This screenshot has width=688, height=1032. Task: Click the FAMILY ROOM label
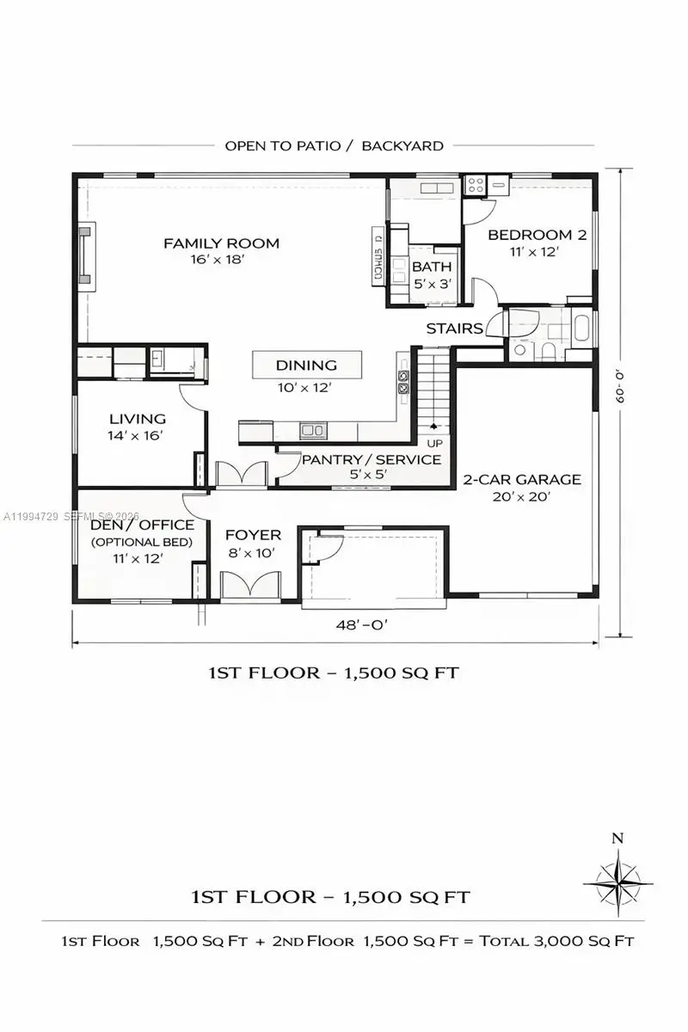pos(221,243)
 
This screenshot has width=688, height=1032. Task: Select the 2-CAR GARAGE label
pos(522,480)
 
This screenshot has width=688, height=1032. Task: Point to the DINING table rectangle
pos(306,365)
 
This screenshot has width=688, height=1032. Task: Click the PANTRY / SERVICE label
pos(371,460)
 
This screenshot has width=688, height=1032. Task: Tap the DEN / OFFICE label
pos(142,525)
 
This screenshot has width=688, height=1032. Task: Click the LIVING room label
pos(138,419)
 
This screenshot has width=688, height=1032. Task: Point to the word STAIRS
pos(454,329)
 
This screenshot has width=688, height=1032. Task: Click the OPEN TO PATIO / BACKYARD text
pos(334,145)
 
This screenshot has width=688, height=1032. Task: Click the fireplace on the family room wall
pos(86,255)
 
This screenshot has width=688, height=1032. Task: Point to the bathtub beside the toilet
pos(581,329)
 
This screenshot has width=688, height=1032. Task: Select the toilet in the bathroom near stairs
pos(547,349)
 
